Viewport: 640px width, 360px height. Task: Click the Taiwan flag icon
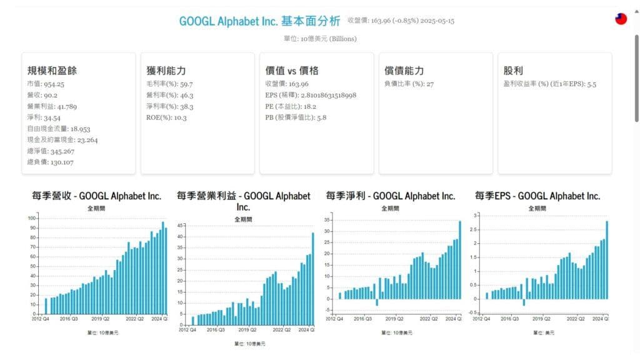coord(621,19)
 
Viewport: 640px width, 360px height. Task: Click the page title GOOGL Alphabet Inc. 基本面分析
coord(259,21)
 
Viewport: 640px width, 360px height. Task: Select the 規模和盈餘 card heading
coord(52,71)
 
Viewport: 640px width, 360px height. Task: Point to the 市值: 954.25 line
coord(46,84)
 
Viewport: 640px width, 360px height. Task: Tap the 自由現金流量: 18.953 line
coord(59,129)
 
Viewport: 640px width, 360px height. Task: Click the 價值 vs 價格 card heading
coord(292,71)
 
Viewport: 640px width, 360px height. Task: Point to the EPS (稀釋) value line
coord(311,95)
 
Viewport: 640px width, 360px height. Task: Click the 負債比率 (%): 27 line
coord(409,84)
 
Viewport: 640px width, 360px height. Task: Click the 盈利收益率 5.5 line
coord(550,84)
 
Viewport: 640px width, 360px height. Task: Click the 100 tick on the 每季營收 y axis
coord(32,218)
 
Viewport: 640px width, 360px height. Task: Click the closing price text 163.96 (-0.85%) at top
coord(401,21)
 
